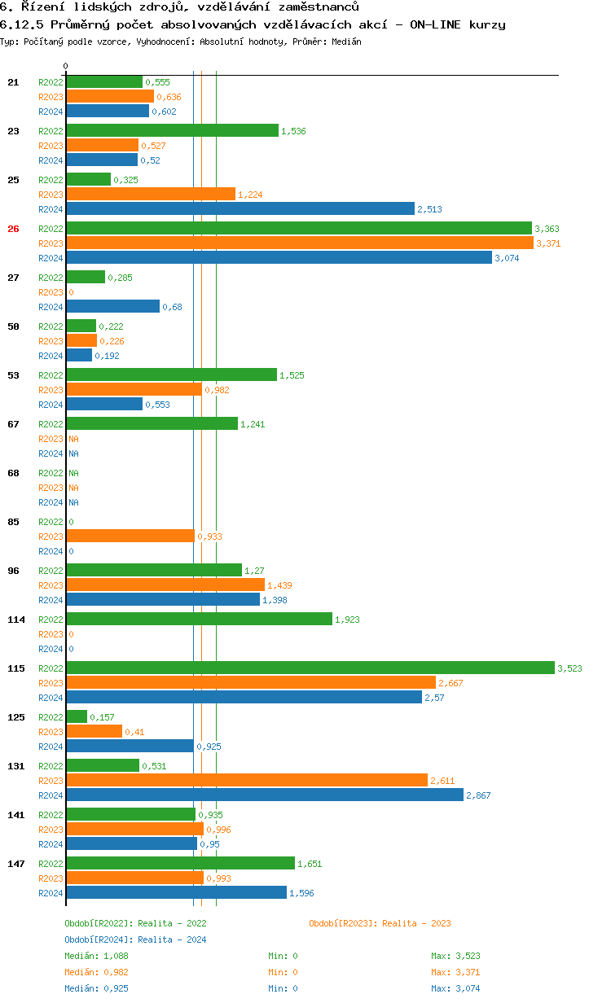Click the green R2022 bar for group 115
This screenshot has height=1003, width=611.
coord(310,668)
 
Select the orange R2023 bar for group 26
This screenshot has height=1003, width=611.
coord(299,243)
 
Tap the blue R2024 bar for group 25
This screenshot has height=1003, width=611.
coord(240,209)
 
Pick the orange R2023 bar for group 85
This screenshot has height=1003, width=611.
coord(130,537)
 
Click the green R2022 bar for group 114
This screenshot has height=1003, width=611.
coord(199,620)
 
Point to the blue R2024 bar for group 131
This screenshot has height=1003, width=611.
coord(264,795)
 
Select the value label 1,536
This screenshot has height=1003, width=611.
coord(293,131)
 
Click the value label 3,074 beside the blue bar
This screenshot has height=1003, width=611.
coord(506,258)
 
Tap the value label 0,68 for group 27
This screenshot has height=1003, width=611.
coord(171,307)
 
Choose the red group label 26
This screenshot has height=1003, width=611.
coord(13,229)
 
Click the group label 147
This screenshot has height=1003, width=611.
coord(16,864)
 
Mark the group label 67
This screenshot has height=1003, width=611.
coord(13,424)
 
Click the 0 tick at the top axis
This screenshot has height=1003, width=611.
coord(66,66)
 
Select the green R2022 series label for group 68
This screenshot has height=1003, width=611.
coord(51,473)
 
